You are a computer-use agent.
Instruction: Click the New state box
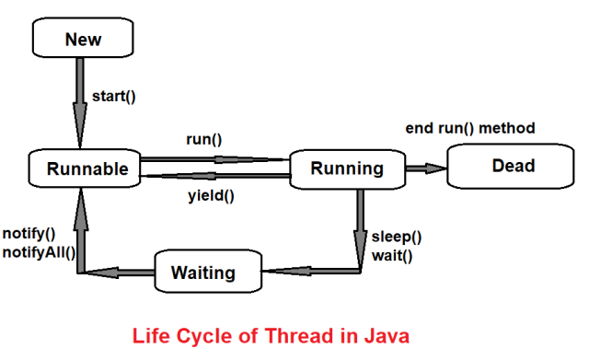point(83,39)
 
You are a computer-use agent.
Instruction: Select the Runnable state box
point(83,168)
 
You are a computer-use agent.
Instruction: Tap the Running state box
point(347,168)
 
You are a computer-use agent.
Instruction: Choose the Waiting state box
point(202,273)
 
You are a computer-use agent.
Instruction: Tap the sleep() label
point(397,235)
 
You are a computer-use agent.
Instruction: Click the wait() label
point(392,254)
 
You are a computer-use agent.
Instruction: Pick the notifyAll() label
point(40,252)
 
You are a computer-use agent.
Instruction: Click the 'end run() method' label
point(470,128)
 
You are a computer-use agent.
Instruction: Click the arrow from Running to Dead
point(426,168)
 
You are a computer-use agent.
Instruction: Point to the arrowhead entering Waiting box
point(272,272)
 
